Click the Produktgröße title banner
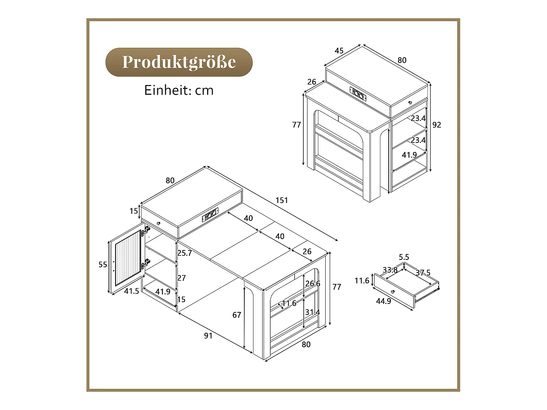179,62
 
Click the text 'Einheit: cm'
179,90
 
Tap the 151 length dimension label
282,200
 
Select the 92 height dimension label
437,125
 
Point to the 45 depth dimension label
339,51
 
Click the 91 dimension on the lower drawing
208,336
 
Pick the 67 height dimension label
237,315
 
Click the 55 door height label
103,265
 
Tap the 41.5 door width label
131,291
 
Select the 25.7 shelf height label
185,253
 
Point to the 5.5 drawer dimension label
404,257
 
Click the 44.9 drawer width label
383,301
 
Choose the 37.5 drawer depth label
423,273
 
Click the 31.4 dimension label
313,312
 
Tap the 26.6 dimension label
313,284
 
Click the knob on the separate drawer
393,292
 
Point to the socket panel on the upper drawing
358,93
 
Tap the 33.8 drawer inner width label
390,270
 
